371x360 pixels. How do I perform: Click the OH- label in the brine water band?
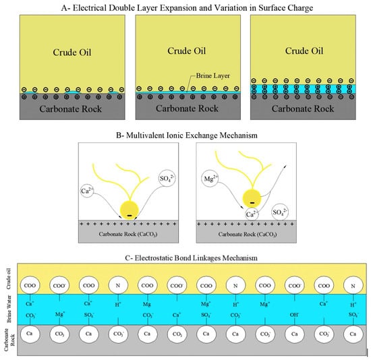tap(293, 313)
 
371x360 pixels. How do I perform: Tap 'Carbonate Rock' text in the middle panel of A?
tap(185, 107)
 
